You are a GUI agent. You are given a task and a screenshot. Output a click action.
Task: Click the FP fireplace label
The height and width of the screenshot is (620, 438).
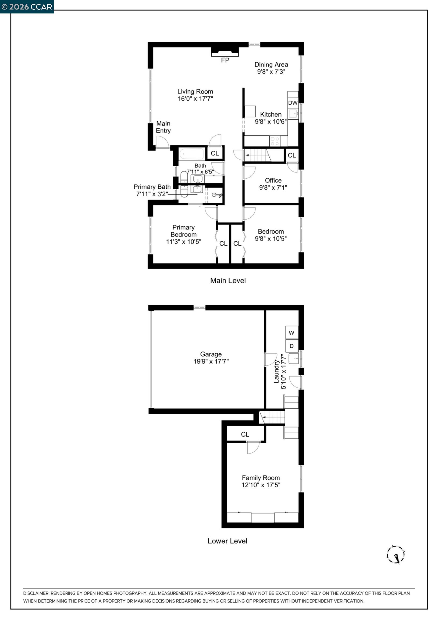225,60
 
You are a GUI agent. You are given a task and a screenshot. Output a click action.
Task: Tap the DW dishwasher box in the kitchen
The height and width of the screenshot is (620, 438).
293,103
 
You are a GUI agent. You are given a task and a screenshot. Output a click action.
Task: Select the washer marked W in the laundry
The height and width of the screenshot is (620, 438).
291,333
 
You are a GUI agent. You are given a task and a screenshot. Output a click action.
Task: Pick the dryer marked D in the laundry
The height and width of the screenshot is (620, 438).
291,346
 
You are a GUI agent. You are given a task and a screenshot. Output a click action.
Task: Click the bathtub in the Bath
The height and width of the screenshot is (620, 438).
192,154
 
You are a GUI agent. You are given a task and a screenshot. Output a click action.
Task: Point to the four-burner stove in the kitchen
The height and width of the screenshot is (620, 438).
275,141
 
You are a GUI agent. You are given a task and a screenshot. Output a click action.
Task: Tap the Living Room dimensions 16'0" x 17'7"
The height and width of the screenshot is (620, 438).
195,99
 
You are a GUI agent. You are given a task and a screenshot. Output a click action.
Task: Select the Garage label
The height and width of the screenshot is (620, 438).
211,354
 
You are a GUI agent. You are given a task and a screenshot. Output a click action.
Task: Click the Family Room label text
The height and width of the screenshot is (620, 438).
261,478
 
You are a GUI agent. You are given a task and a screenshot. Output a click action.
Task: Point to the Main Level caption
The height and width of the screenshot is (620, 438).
228,281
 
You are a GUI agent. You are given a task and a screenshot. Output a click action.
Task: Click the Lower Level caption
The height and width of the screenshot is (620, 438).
227,541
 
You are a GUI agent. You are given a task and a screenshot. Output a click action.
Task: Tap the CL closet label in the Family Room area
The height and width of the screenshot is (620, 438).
245,434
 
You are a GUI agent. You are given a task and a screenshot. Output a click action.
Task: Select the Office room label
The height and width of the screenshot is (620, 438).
273,180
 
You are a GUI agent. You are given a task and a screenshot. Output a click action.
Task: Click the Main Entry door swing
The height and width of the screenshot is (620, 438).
162,142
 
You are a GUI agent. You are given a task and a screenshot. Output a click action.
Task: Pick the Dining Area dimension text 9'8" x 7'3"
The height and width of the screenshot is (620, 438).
271,72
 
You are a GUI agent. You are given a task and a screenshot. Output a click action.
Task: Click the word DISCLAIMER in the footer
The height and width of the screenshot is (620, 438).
36,593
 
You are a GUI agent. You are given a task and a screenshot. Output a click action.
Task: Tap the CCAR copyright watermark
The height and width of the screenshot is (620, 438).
27,7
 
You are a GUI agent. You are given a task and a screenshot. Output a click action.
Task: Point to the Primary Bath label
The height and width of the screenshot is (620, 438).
152,187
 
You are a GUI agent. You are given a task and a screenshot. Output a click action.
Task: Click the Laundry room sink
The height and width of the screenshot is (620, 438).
294,358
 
